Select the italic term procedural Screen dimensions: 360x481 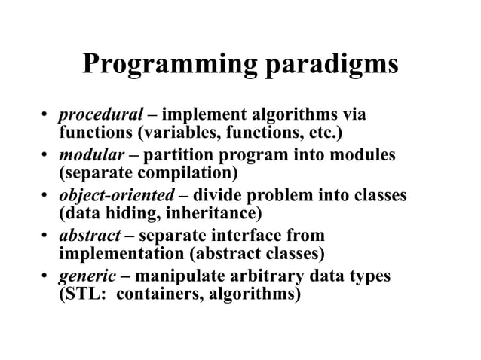pyautogui.click(x=101, y=115)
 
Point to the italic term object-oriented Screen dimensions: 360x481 pyautogui.click(x=117, y=196)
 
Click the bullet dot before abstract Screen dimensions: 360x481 pyautogui.click(x=46, y=236)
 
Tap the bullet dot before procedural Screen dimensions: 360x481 pyautogui.click(x=46, y=116)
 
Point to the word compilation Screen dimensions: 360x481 pyautogui.click(x=193, y=174)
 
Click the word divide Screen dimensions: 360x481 pyautogui.click(x=219, y=196)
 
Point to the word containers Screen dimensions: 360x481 pyautogui.click(x=153, y=294)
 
